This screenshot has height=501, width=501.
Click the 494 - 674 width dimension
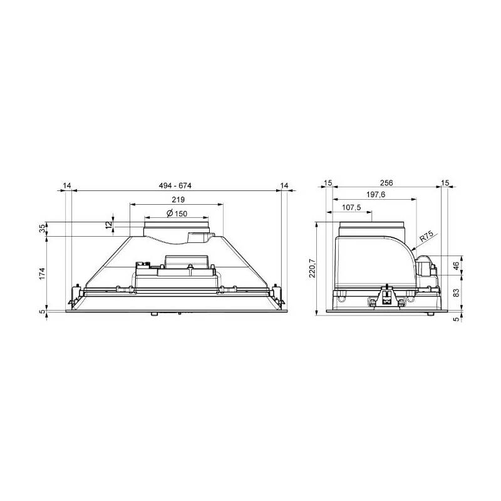coord(175,185)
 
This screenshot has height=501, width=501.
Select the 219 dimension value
coord(178,200)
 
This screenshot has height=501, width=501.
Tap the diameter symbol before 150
coord(170,214)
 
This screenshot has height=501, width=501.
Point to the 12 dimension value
coord(110,224)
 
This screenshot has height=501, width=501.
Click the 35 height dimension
coord(43,229)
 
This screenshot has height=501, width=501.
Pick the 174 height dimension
coord(43,274)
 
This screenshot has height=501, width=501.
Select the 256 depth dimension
coord(386,183)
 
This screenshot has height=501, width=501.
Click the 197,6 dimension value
coord(376,195)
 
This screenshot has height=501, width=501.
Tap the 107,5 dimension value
coord(351,208)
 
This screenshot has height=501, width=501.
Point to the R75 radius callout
coord(426,237)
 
